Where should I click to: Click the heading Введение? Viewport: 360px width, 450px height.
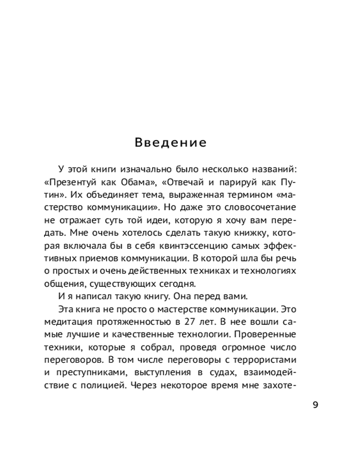click(171, 143)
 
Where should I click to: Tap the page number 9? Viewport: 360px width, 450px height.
click(315, 404)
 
